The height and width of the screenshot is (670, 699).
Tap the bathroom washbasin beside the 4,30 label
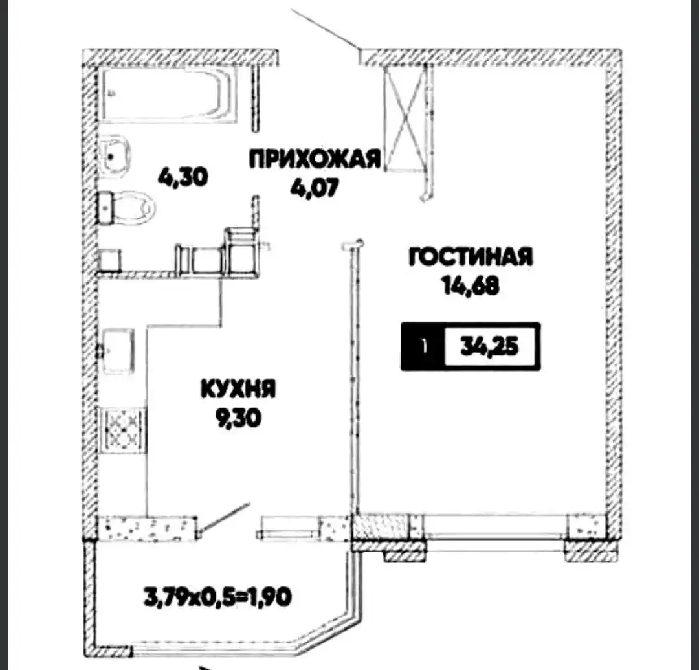click(115, 153)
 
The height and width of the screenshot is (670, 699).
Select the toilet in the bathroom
click(128, 207)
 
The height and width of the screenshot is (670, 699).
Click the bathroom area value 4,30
click(185, 177)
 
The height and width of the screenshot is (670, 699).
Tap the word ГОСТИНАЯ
click(471, 257)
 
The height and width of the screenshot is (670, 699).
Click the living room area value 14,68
click(471, 285)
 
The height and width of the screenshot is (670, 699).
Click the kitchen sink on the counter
click(117, 350)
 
